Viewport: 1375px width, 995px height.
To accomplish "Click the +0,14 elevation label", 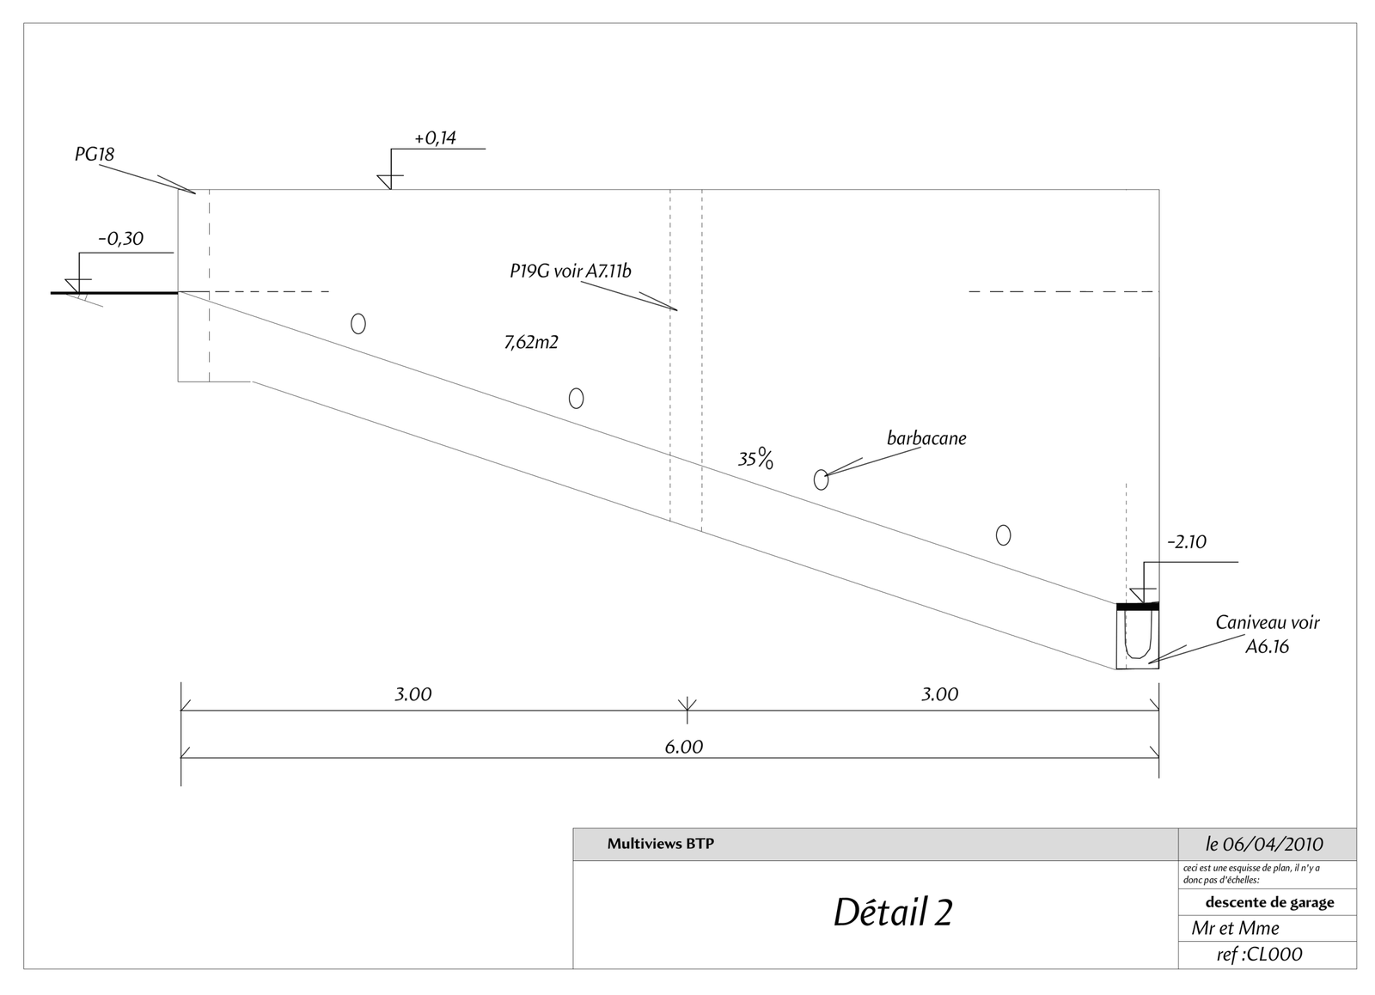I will pos(435,138).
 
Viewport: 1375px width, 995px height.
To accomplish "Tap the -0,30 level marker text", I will pos(120,239).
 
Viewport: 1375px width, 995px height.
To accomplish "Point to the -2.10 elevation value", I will pos(1187,542).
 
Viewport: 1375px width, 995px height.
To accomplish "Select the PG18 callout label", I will pos(94,155).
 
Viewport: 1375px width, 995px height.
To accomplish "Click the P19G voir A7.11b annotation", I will pos(570,272).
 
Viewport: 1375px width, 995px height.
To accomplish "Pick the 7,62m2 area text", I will pos(531,342).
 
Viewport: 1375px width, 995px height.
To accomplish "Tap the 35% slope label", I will pos(756,460).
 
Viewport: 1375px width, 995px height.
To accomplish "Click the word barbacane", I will pos(926,438).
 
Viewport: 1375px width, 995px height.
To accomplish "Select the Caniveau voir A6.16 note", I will pos(1267,634).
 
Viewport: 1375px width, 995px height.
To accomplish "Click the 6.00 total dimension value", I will pos(684,748).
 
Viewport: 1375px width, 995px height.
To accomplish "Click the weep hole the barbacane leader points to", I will pos(821,479).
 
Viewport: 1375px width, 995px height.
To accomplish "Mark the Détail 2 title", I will pos(893,913).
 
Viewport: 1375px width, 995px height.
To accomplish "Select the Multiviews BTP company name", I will pos(660,844).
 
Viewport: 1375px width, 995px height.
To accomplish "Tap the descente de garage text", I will pos(1269,902).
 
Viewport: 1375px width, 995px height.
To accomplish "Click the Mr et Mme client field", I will pos(1235,928).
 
